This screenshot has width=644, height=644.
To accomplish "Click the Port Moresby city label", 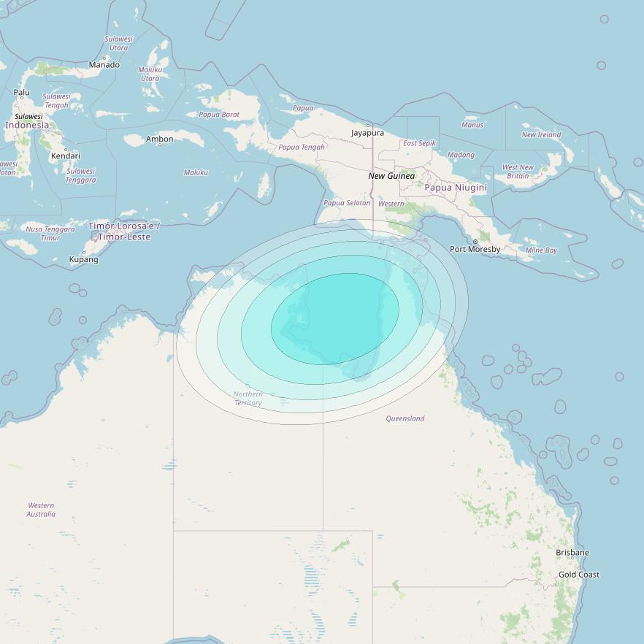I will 475,250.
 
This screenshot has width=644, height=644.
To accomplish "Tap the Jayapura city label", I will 367,133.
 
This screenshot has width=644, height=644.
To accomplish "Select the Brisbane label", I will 572,553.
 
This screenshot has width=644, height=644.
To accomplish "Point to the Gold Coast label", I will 579,575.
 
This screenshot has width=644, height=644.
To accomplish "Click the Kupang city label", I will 83,259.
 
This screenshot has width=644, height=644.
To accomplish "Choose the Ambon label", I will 160,139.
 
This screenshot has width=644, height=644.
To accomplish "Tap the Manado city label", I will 104,65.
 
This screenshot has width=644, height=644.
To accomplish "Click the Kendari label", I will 66,156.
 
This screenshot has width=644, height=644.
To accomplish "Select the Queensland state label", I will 405,418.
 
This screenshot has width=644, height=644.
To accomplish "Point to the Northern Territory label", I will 248,399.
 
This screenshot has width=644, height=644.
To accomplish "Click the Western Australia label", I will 41,510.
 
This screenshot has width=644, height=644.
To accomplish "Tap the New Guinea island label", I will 391,176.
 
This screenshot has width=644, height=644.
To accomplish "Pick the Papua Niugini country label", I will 456,188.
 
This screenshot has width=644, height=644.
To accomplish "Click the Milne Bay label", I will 541,250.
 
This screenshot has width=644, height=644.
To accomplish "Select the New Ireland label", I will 541,134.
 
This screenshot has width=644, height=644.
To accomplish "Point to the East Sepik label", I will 419,143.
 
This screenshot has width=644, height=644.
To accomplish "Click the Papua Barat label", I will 219,115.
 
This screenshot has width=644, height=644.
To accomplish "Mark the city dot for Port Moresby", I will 475,242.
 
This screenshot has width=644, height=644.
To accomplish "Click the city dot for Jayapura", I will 368,125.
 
